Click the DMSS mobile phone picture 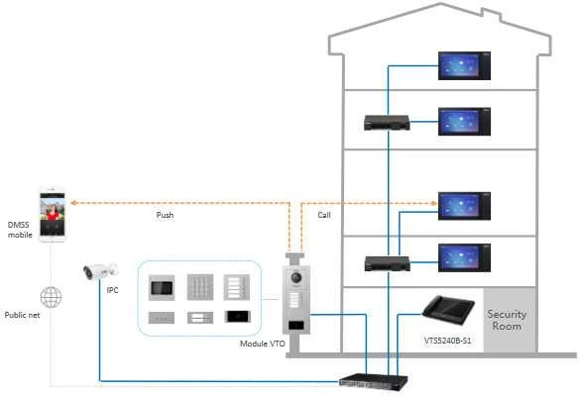pyautogui.click(x=53, y=215)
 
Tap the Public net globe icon pyautogui.click(x=51, y=297)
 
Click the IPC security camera pyautogui.click(x=100, y=271)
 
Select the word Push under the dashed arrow pyautogui.click(x=165, y=215)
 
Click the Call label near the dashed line pyautogui.click(x=324, y=215)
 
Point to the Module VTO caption pyautogui.click(x=262, y=344)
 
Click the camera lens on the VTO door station pyautogui.click(x=296, y=277)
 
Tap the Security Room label pyautogui.click(x=507, y=320)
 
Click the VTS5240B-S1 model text pyautogui.click(x=447, y=341)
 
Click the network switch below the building pyautogui.click(x=374, y=381)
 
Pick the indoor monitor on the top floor pyautogui.click(x=464, y=65)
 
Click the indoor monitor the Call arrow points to pyautogui.click(x=464, y=206)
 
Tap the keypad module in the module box pyautogui.click(x=200, y=287)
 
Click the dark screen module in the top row pyautogui.click(x=162, y=287)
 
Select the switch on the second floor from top pyautogui.click(x=387, y=123)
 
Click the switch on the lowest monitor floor pyautogui.click(x=388, y=263)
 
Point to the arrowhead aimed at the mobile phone pyautogui.click(x=73, y=202)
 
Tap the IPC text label pyautogui.click(x=113, y=290)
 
